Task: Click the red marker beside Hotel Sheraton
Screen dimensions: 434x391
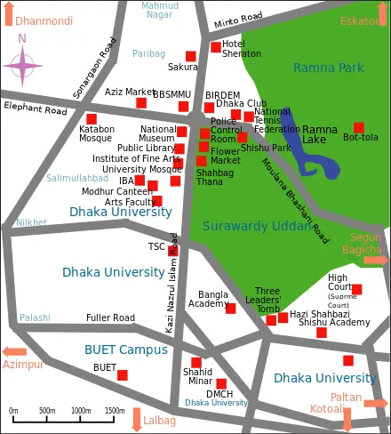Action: (216, 47)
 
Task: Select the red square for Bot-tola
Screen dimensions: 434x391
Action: (359, 127)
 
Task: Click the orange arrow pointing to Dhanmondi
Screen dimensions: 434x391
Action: (8, 14)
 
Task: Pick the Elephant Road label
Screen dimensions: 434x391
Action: (36, 109)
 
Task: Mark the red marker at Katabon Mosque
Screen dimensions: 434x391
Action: (92, 118)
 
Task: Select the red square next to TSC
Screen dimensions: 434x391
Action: (173, 250)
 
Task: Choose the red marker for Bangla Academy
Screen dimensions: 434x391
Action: (230, 309)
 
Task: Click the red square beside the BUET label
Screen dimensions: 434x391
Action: (123, 375)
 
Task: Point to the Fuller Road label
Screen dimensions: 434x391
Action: (110, 317)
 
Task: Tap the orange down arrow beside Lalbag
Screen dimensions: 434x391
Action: (137, 418)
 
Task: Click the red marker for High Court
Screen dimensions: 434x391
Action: (357, 289)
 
